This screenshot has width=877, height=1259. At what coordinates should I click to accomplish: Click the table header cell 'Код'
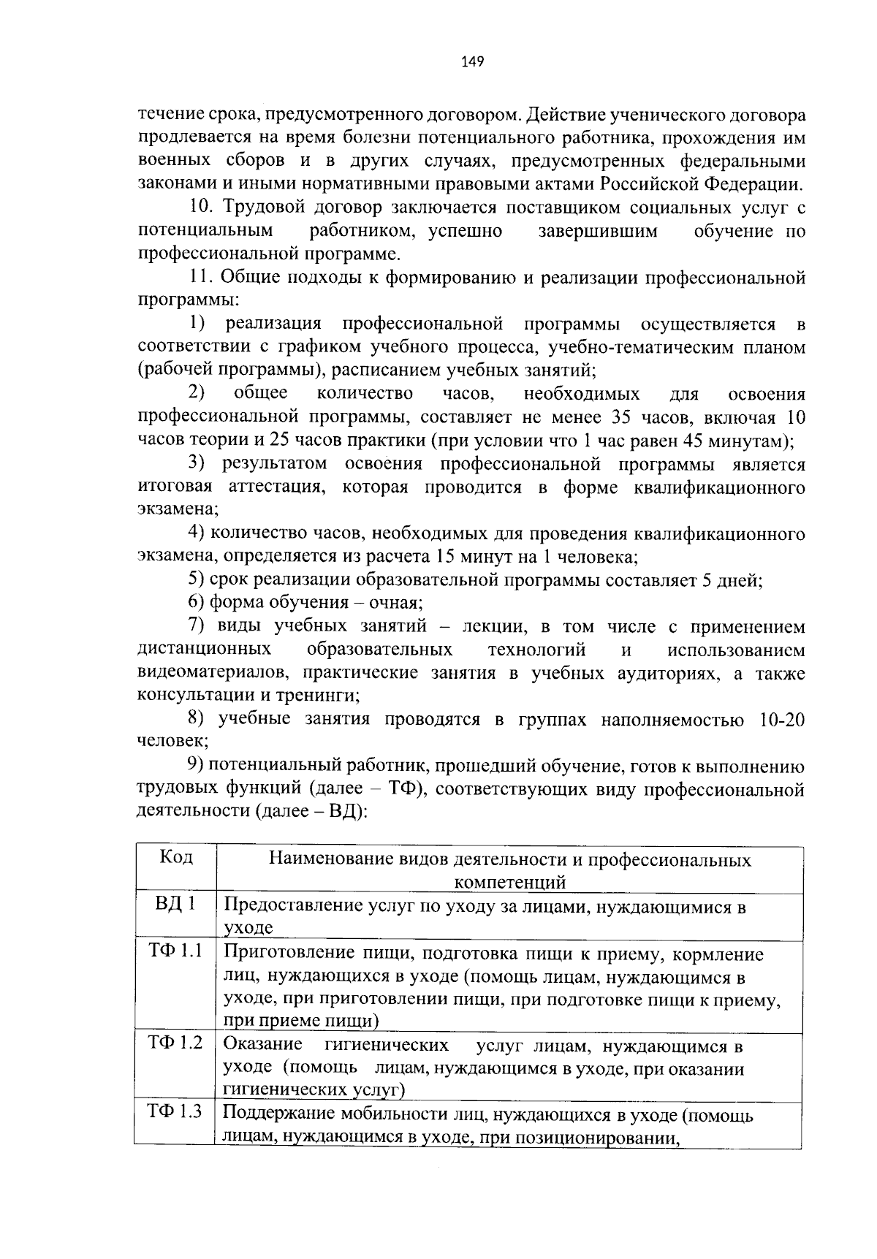175,857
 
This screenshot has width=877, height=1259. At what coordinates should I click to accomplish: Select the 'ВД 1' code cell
175,904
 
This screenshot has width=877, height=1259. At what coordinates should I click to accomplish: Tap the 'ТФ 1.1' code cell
175,951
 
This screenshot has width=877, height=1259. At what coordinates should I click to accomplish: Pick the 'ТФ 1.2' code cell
175,1042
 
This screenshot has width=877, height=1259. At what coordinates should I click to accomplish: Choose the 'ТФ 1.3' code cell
175,1111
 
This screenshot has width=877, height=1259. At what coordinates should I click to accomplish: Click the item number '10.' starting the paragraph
202,208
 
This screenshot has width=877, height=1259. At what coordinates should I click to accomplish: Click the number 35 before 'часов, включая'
615,418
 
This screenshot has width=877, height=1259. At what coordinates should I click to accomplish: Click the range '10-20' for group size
782,720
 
